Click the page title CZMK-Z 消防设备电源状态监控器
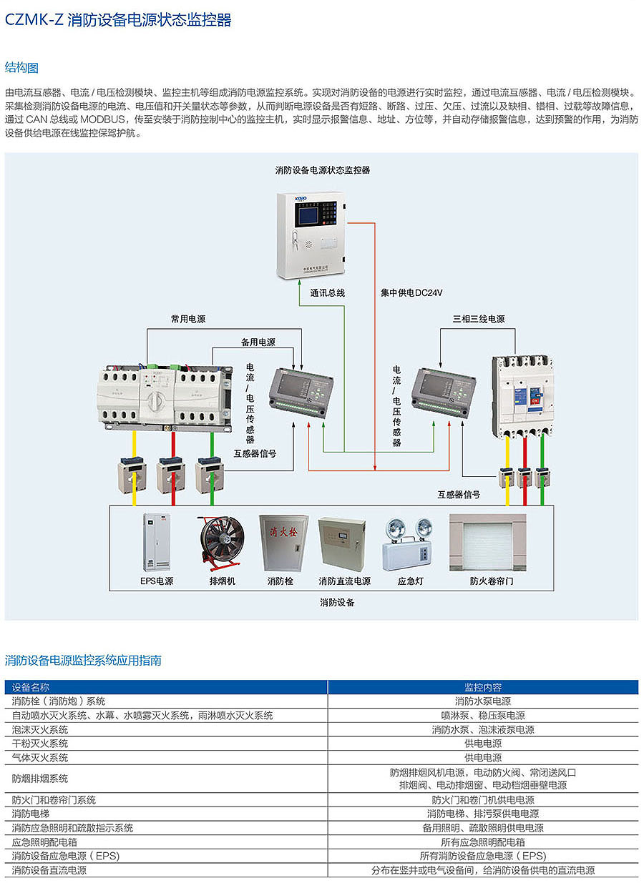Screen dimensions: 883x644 pos(119,21)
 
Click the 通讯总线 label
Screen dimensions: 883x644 pos(328,292)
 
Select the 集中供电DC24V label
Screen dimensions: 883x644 pos(411,292)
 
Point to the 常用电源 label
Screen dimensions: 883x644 pos(188,319)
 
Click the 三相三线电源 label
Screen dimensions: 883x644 pos(479,319)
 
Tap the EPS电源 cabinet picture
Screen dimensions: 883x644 pos(156,543)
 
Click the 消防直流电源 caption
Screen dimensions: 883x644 pos(344,581)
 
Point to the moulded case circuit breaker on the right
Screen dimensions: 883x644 pos(522,394)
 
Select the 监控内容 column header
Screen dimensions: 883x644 pos(483,687)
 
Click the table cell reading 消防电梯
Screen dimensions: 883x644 pos(31,814)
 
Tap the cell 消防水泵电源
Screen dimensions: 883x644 pos(483,701)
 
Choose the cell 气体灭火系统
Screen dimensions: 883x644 pos(40,758)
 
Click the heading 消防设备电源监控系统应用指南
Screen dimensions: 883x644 pos(83,660)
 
